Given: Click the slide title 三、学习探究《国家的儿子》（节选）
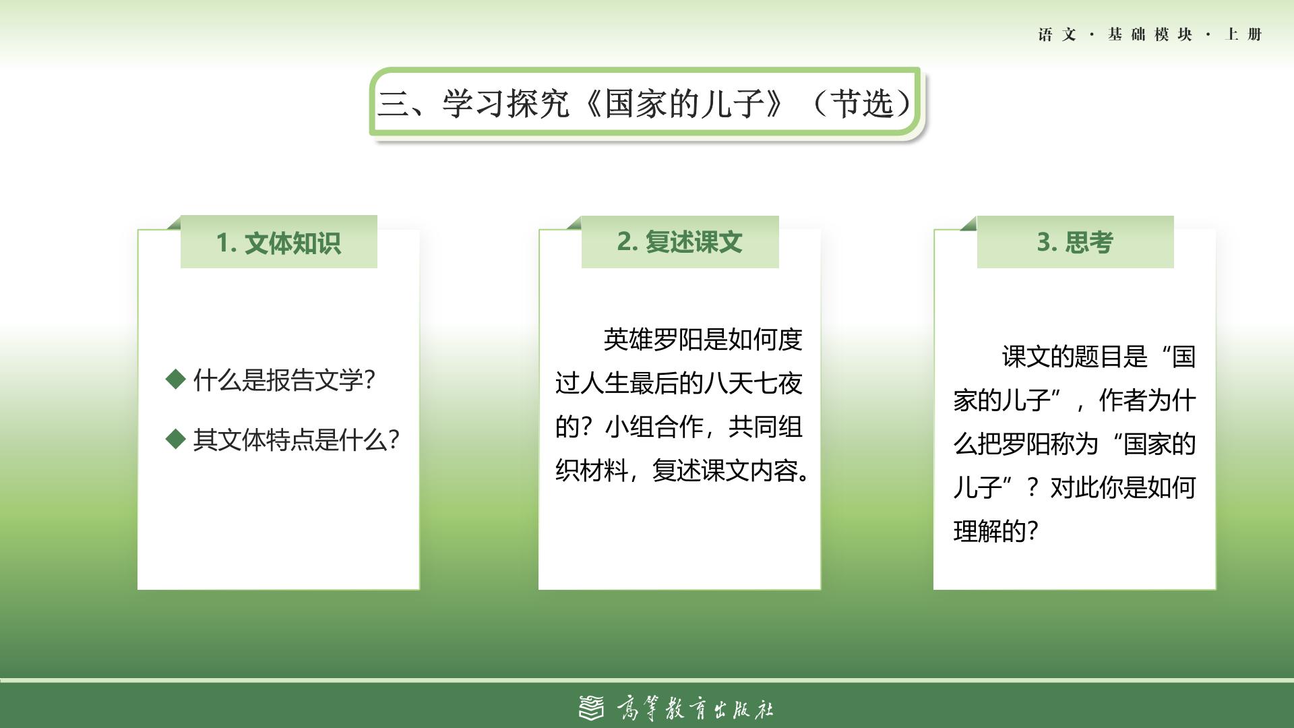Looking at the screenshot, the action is [644, 104].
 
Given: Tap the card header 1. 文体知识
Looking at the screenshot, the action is [278, 243].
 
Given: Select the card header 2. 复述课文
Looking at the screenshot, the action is [679, 242].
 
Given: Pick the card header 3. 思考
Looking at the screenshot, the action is [1075, 242].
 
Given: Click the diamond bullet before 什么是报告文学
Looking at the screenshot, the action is [175, 380].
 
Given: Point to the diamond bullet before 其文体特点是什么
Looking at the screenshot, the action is [175, 439].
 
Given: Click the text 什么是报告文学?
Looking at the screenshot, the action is [284, 380].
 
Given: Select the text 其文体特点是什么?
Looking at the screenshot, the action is [296, 439].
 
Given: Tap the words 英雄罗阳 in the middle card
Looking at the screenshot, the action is [653, 340].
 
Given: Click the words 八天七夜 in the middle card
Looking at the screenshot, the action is [753, 384].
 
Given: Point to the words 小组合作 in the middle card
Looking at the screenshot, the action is [654, 427].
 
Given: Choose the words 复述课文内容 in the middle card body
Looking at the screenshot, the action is [725, 471].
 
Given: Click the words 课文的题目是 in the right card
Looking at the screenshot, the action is [1074, 357].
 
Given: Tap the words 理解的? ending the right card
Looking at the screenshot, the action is [995, 531].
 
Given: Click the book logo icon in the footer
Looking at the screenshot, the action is [592, 708].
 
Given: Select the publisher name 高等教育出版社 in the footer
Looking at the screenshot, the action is [695, 708].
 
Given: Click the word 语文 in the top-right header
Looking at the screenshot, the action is [1057, 34].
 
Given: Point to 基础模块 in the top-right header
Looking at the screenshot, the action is [1150, 34].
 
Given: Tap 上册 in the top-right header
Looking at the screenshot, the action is [1243, 34].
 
